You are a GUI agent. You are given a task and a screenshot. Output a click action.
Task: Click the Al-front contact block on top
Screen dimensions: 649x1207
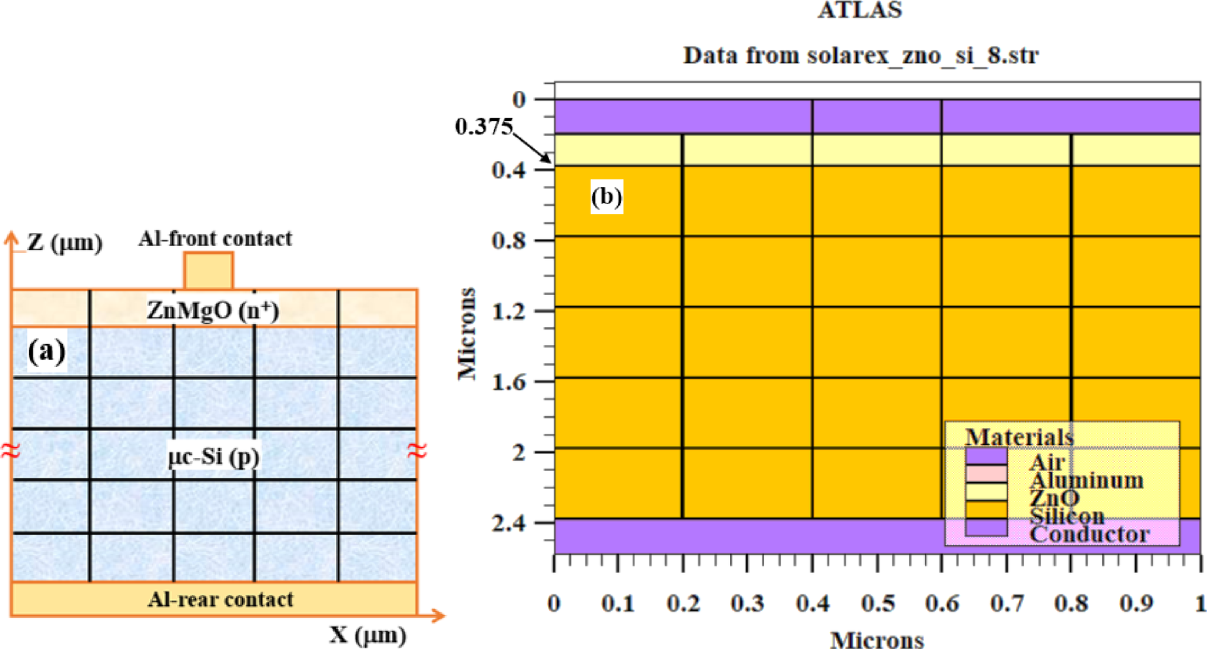coord(208,270)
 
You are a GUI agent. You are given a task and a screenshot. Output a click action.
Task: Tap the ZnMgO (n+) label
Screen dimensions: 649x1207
coord(213,310)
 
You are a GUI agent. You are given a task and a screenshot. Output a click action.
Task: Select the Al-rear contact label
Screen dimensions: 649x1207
coord(220,599)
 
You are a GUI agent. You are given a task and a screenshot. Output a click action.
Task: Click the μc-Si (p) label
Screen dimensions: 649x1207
coord(213,456)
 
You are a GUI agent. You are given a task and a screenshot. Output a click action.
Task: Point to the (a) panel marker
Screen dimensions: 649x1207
coord(46,351)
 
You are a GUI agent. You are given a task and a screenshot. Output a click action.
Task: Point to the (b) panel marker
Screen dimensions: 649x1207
coord(606,196)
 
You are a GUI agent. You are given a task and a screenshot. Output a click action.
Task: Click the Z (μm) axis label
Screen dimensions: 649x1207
coord(64,243)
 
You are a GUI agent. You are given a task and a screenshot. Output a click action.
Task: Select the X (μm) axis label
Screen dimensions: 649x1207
coord(367,635)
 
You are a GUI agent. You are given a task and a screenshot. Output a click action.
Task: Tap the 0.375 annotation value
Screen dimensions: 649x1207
coord(484,126)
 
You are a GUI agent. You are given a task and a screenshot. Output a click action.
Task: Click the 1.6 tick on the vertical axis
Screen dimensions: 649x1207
coord(509,381)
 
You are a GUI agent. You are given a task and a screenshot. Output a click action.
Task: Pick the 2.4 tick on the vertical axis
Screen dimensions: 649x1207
coord(509,523)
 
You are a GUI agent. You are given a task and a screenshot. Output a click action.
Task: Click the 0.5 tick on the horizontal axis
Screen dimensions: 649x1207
coord(877,603)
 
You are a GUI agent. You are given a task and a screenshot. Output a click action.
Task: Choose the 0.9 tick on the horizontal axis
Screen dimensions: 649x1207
coord(1136,603)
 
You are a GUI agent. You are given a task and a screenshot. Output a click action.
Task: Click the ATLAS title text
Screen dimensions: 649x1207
coord(859,10)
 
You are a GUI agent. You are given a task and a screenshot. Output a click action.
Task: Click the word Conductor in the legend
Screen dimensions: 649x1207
coord(1089,535)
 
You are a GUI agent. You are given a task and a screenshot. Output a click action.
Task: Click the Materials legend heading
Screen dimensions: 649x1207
coord(1019,436)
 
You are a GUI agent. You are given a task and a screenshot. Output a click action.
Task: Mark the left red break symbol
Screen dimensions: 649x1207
coord(10,450)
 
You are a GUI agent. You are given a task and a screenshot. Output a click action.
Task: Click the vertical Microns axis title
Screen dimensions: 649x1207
coord(467,333)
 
